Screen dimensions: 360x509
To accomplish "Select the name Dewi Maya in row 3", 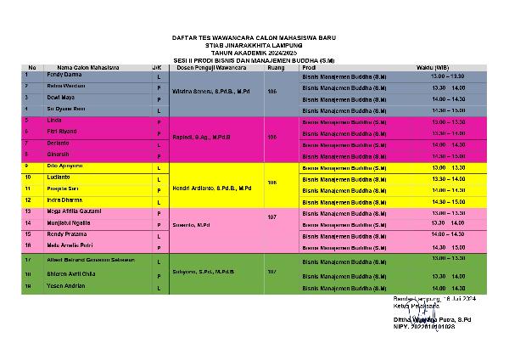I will [57, 98].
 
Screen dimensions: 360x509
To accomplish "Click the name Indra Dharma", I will [60, 199].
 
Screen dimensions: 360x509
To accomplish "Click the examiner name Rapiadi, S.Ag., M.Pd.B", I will [202, 136].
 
